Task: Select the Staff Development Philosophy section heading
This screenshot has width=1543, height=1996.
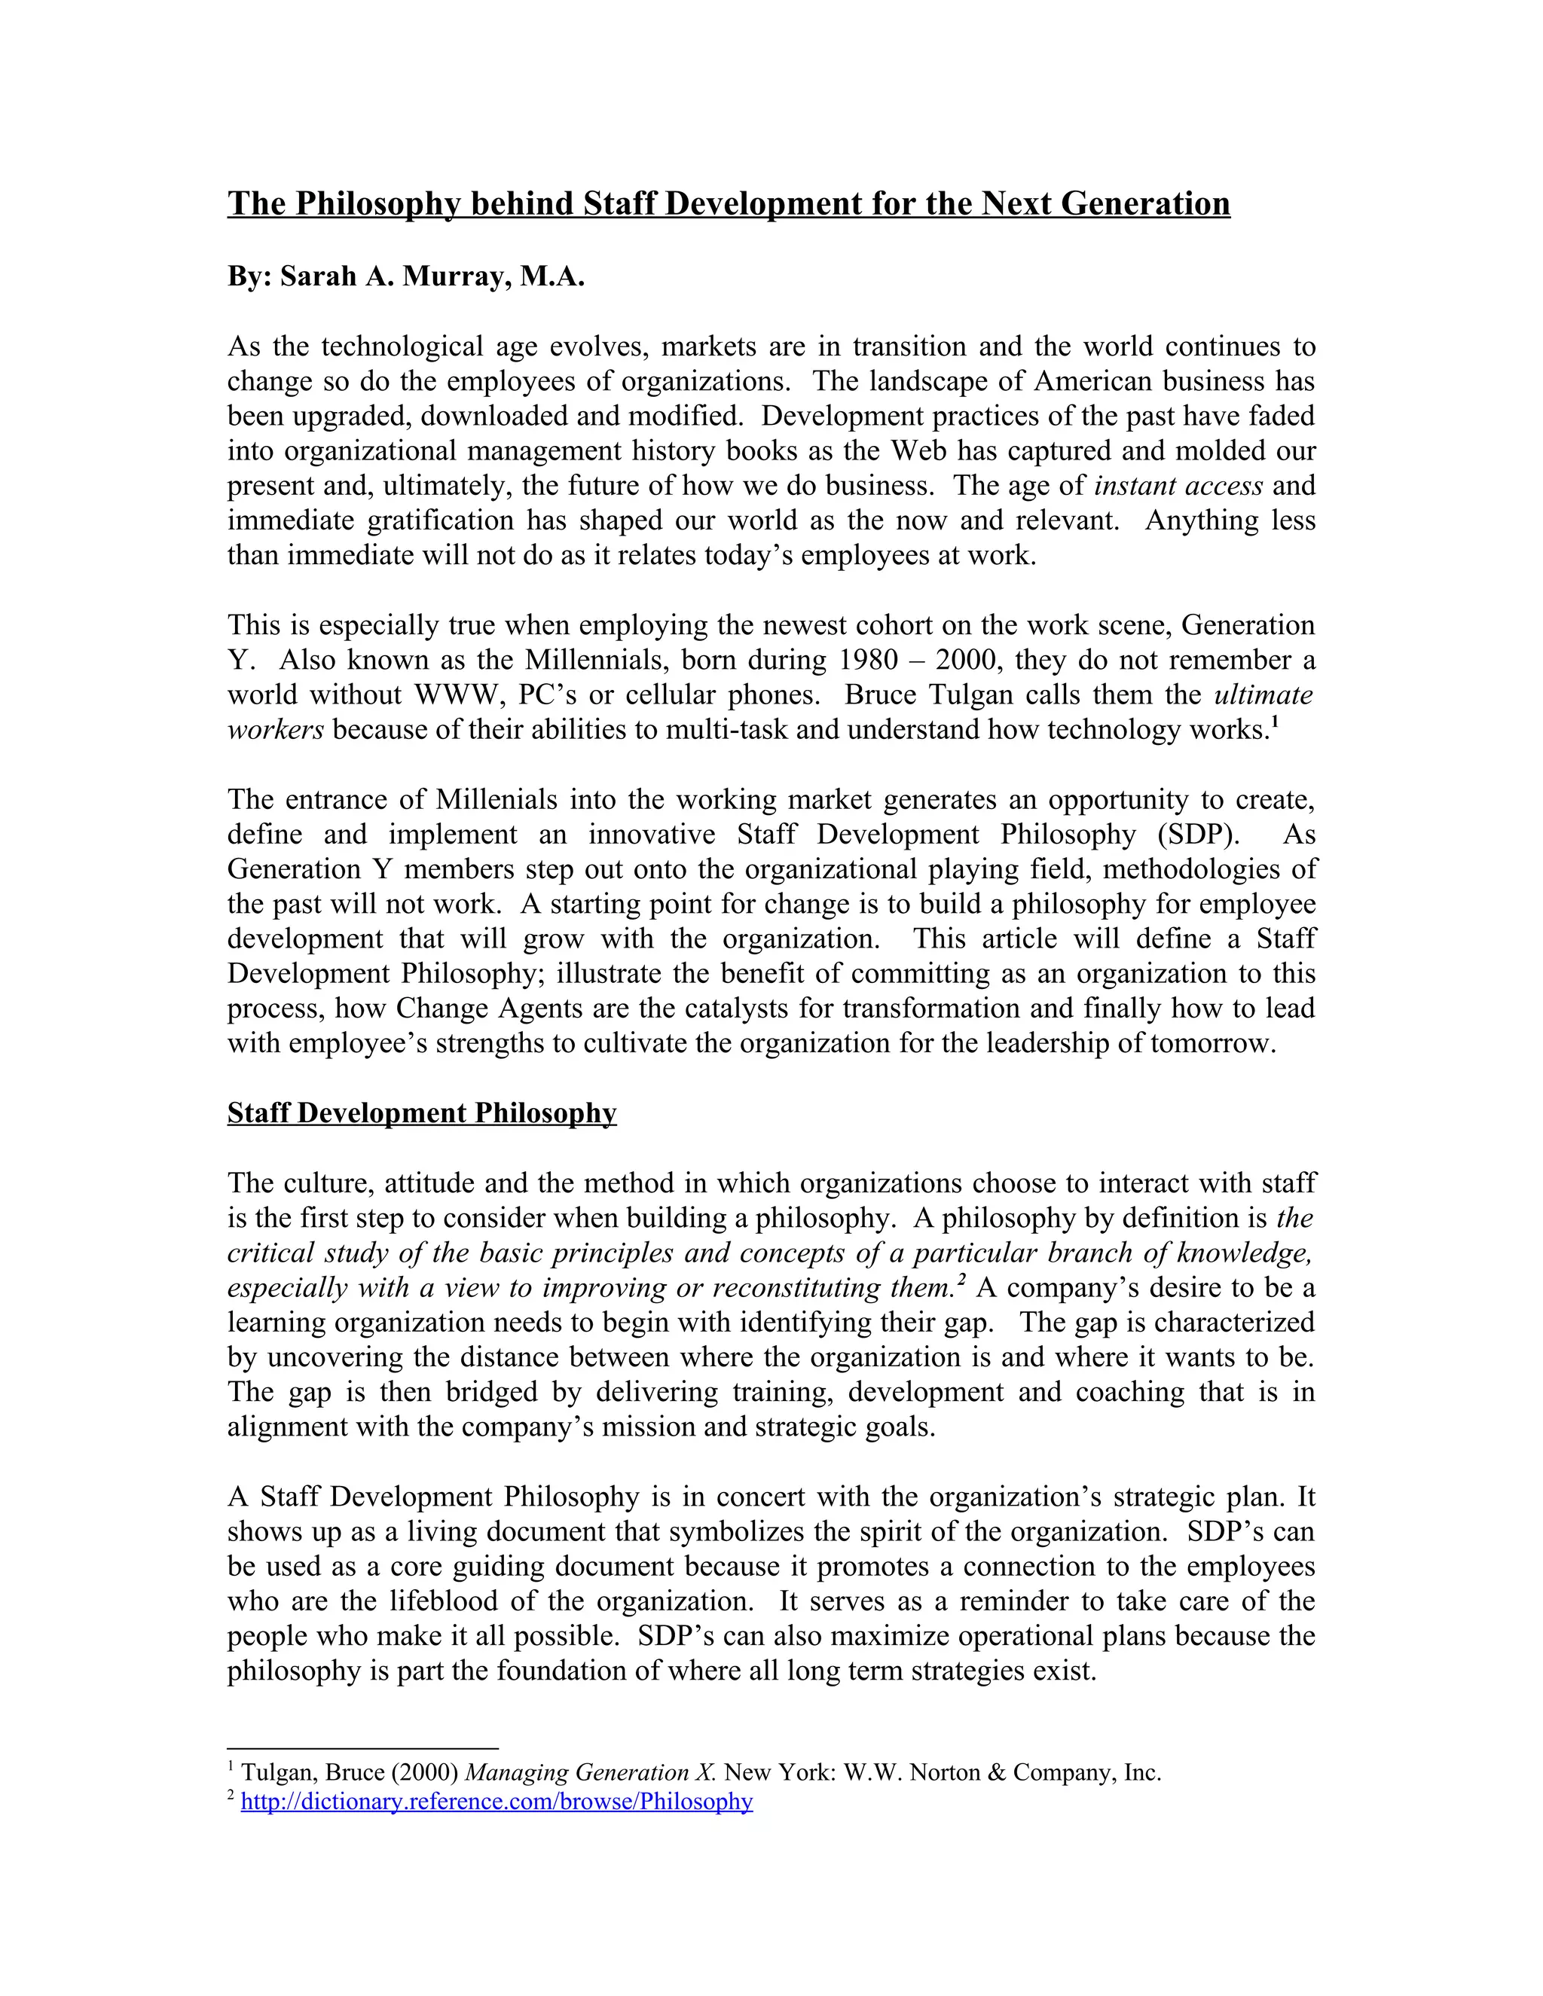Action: (x=421, y=1113)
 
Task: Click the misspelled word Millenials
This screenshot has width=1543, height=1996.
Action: (x=497, y=800)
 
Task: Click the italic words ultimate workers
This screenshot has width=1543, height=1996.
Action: (x=1263, y=694)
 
